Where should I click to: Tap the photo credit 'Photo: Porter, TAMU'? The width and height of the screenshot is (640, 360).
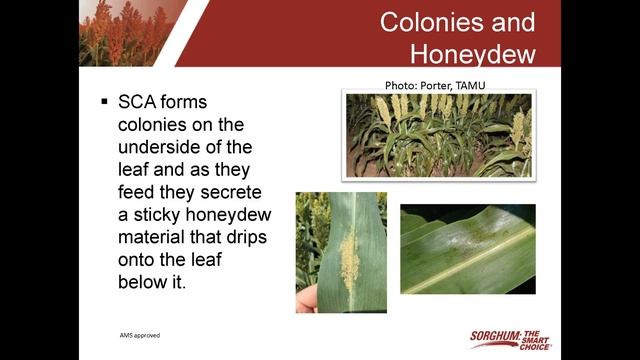[433, 85]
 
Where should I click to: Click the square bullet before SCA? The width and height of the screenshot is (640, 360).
[104, 103]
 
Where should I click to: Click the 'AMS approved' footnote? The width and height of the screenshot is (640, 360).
[139, 335]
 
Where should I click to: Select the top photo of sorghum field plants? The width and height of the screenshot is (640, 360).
[438, 135]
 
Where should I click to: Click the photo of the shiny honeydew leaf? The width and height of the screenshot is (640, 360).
[467, 249]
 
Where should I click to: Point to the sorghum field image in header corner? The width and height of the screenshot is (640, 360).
[125, 32]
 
